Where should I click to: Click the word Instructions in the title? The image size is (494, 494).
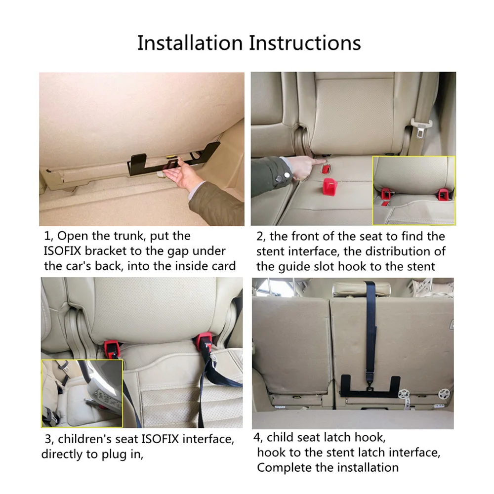pos(305,43)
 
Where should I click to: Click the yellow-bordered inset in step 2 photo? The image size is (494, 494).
pos(413,190)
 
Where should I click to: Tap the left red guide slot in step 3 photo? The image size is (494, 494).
pos(112,349)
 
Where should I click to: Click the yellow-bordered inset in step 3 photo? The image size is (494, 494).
pos(82,393)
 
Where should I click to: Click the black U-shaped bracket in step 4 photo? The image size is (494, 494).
pos(370,387)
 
